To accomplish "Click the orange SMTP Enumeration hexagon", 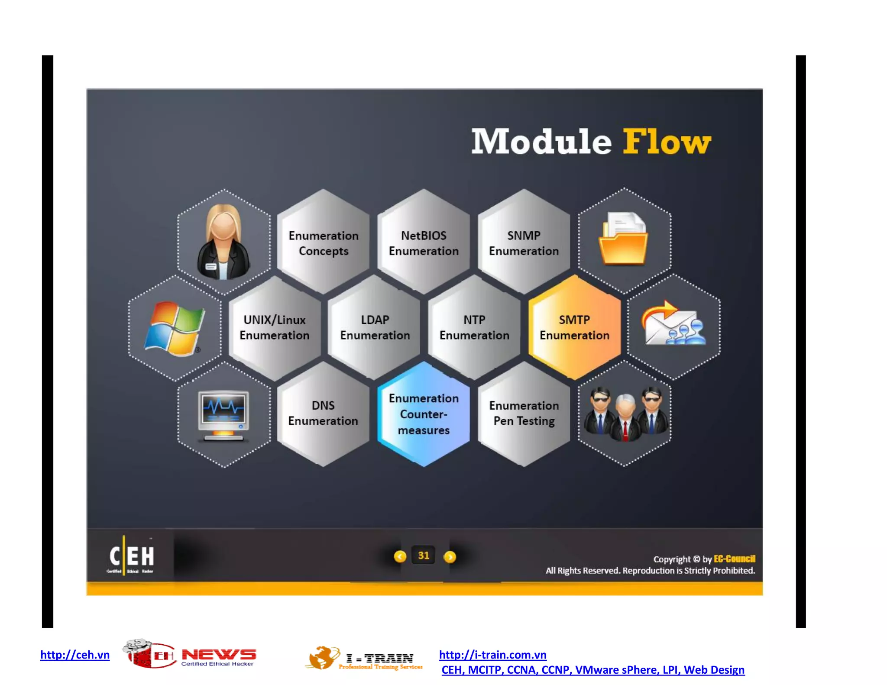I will pyautogui.click(x=574, y=328).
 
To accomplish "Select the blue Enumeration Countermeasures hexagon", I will pyautogui.click(x=424, y=414).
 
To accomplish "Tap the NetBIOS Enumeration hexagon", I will pyautogui.click(x=424, y=243).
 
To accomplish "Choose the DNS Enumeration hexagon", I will pyautogui.click(x=323, y=414).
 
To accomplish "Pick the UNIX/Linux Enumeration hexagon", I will pyautogui.click(x=275, y=328).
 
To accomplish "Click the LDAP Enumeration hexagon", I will pyautogui.click(x=375, y=328).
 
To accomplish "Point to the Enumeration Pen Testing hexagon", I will pyautogui.click(x=524, y=414).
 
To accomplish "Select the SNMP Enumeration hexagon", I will pyautogui.click(x=524, y=243).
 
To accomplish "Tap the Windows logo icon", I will pyautogui.click(x=174, y=329).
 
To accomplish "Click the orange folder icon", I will pyautogui.click(x=623, y=239).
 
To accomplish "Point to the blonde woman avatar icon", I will pyautogui.click(x=223, y=242).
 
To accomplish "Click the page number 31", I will pyautogui.click(x=424, y=556).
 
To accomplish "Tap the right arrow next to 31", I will pyautogui.click(x=450, y=557).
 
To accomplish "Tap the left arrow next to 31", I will pyautogui.click(x=400, y=557).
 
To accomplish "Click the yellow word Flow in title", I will pyautogui.click(x=667, y=142).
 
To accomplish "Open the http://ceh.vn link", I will pyautogui.click(x=75, y=655).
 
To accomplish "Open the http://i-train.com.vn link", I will pyautogui.click(x=492, y=655).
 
